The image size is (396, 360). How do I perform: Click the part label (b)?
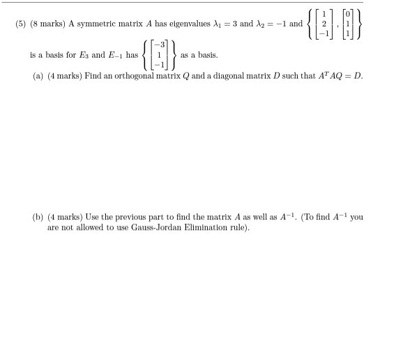point(38,217)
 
